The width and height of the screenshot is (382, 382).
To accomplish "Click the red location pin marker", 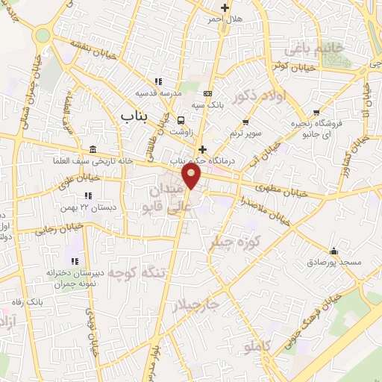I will point(192,177).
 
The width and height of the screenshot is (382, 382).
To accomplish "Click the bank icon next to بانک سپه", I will point(207,93).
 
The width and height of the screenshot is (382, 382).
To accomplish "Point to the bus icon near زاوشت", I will point(181,119).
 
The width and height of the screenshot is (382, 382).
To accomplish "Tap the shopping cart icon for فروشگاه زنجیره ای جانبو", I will point(316,112).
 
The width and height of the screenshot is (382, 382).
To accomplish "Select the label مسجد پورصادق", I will point(334,263).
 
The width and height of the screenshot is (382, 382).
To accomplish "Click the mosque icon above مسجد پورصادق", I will point(334,251).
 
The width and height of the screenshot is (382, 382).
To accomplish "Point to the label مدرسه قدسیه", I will point(157,93).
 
